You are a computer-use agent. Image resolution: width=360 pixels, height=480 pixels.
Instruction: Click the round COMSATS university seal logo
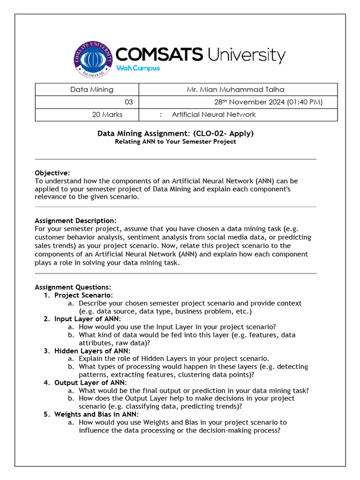94,60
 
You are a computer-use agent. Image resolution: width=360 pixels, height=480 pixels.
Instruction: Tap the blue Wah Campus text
138,68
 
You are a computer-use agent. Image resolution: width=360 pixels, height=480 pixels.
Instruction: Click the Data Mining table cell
92,90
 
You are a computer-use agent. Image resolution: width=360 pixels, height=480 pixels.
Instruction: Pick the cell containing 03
128,102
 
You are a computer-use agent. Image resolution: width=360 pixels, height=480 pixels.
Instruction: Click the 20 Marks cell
107,114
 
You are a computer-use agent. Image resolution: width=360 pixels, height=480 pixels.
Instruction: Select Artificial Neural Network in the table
214,114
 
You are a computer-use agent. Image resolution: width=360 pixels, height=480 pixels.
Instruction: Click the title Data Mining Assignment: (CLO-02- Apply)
175,134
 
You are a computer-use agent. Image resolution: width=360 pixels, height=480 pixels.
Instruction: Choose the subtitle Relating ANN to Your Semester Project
175,142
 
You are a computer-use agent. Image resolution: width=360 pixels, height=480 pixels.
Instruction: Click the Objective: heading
52,173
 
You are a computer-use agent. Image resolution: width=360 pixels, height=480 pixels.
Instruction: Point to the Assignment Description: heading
75,220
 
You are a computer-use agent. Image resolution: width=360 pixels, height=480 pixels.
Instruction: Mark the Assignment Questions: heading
73,287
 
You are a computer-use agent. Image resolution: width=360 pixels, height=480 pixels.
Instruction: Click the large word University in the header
246,55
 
